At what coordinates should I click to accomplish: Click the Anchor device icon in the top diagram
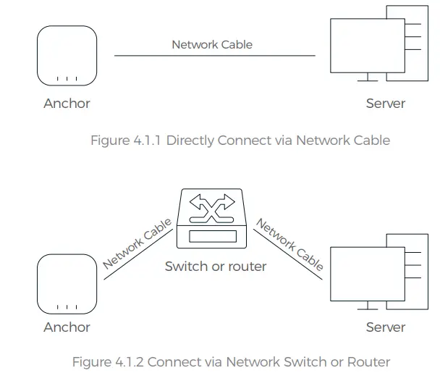click(x=67, y=56)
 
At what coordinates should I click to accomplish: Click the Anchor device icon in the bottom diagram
click(x=67, y=284)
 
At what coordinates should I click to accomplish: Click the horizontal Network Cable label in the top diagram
click(x=212, y=44)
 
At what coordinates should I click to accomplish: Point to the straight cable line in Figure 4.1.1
click(x=214, y=55)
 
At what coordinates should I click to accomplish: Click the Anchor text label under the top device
click(x=67, y=103)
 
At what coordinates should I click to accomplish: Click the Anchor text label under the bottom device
click(x=67, y=327)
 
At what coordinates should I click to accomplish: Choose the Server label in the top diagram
click(x=385, y=103)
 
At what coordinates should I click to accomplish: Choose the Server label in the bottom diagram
click(x=385, y=327)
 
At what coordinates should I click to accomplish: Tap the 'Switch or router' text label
click(x=216, y=267)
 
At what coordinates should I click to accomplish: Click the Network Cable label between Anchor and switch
click(x=137, y=243)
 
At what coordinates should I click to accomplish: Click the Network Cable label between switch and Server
click(x=289, y=245)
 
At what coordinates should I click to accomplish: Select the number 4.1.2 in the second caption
click(x=129, y=361)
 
